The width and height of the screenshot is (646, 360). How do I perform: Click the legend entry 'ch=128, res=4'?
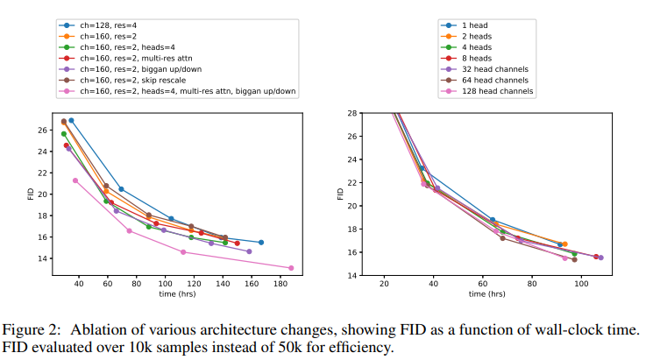(x=103, y=26)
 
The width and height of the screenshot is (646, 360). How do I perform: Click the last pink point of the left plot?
(x=291, y=268)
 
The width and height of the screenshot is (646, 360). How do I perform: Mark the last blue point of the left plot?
(x=261, y=242)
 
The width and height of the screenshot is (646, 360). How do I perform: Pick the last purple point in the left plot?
(x=249, y=251)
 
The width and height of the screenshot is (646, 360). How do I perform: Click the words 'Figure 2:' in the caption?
(x=32, y=329)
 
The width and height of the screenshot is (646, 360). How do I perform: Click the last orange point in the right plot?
(x=564, y=244)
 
